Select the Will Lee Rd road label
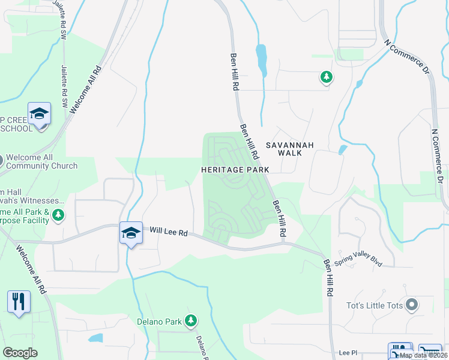(169, 232)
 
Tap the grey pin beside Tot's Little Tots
(412, 305)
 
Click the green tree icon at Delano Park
(191, 321)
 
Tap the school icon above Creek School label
(39, 113)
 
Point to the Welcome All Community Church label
(40, 162)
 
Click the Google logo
(20, 353)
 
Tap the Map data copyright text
(424, 355)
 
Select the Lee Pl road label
(348, 353)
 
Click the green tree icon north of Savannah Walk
(326, 77)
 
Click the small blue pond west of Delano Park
(96, 338)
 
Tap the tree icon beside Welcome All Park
(58, 214)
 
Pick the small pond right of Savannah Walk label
(342, 149)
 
